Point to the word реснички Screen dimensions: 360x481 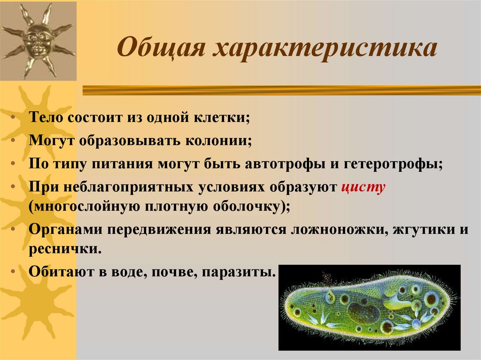pyautogui.click(x=64, y=249)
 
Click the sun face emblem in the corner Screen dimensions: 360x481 pyautogui.click(x=38, y=40)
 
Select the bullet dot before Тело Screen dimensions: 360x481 pyautogui.click(x=17, y=118)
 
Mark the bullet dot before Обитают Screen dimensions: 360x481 pyautogui.click(x=17, y=272)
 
